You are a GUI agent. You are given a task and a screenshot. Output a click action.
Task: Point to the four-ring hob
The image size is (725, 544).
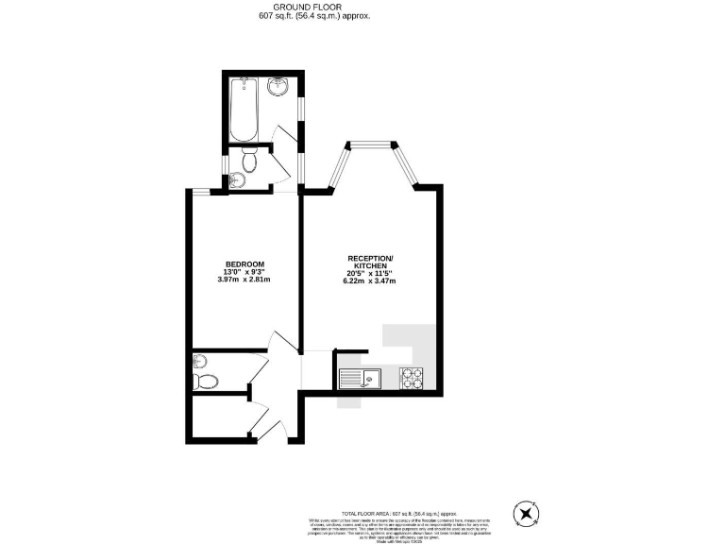(x=413, y=378)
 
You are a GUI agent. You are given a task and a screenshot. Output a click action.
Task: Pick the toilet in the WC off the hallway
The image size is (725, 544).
(x=207, y=382)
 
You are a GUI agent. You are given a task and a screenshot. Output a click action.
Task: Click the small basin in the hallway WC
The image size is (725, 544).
(x=198, y=361)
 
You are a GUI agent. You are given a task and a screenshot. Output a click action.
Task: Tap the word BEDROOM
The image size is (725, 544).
(x=244, y=263)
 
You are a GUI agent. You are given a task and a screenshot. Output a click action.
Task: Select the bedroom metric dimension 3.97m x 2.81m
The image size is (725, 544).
(x=244, y=280)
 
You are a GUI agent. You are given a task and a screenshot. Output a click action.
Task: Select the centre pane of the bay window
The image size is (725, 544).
(x=370, y=144)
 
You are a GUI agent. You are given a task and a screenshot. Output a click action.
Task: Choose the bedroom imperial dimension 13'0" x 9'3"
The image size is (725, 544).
(x=244, y=272)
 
